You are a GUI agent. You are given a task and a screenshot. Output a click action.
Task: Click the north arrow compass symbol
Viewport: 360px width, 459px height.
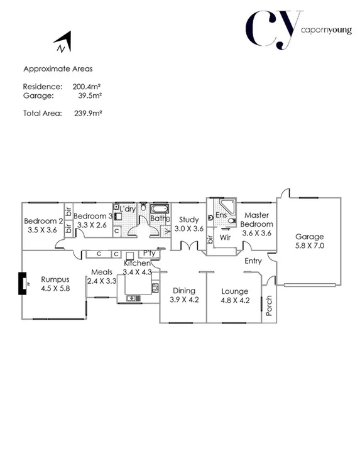click(63, 44)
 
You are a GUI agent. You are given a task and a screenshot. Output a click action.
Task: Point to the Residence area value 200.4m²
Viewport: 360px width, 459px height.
click(87, 86)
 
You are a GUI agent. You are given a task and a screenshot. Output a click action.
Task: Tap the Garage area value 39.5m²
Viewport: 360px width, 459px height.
click(90, 96)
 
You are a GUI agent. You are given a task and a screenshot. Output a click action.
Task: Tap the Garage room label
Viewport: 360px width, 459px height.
click(310, 237)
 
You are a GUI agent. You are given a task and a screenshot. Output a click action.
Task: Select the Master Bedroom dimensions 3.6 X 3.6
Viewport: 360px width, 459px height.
click(257, 233)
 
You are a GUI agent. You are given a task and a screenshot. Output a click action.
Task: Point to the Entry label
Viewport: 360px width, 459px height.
click(253, 261)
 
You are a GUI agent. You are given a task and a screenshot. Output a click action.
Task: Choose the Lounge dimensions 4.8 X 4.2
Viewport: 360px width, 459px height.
click(236, 300)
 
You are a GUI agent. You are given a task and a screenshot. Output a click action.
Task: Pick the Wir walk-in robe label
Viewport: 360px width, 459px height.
click(224, 237)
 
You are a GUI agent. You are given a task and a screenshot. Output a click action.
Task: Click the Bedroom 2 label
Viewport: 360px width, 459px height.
click(43, 221)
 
